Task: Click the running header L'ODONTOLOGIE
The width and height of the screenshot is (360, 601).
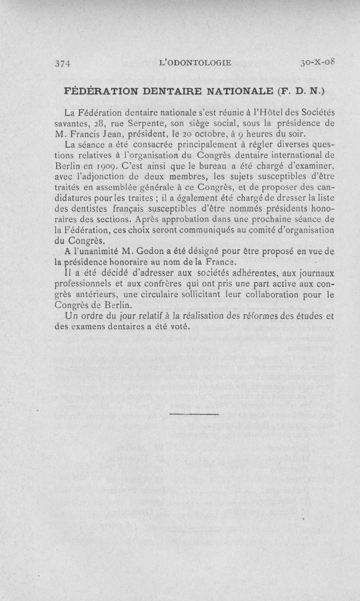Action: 195,63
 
